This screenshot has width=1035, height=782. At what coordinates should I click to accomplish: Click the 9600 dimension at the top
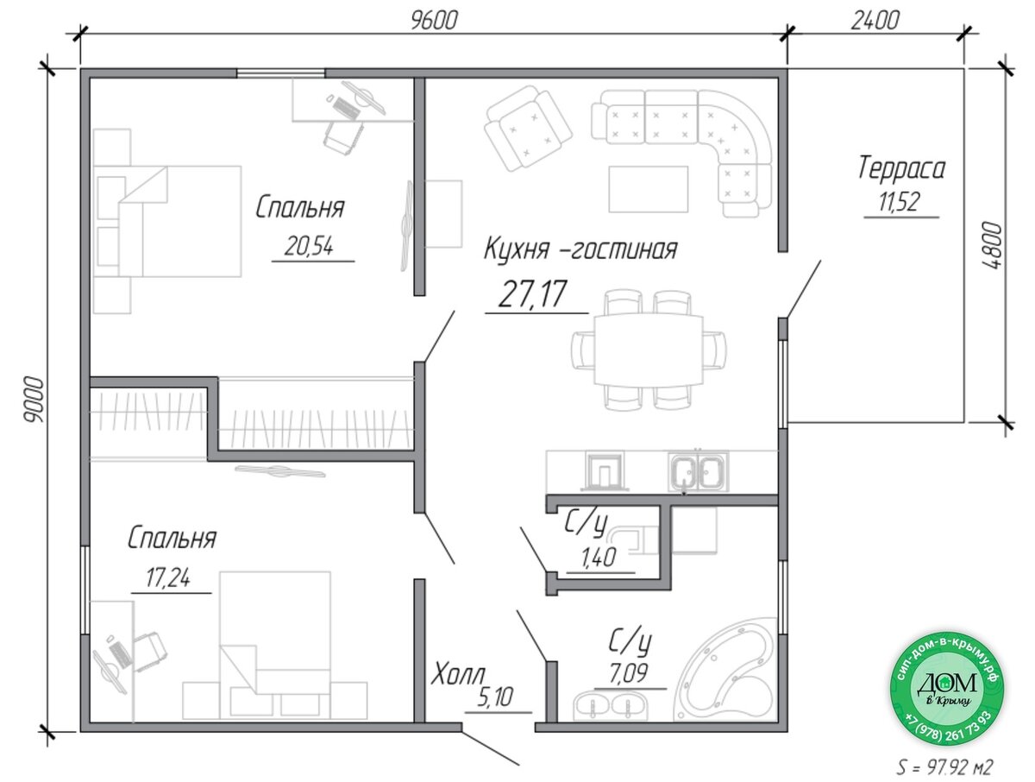pyautogui.click(x=433, y=21)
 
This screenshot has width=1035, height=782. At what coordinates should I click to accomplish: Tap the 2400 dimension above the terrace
pyautogui.click(x=875, y=21)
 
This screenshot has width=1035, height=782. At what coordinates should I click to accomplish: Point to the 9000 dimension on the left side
pyautogui.click(x=34, y=399)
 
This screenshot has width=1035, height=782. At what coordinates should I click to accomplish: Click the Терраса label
pyautogui.click(x=900, y=168)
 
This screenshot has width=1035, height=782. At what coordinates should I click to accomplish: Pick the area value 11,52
pyautogui.click(x=898, y=202)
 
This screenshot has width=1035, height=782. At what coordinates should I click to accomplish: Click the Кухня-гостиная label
pyautogui.click(x=580, y=249)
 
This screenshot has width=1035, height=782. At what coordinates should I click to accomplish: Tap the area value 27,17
pyautogui.click(x=531, y=293)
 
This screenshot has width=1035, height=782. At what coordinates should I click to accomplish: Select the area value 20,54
pyautogui.click(x=309, y=246)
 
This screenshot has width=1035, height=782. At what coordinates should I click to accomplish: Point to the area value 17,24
pyautogui.click(x=167, y=577)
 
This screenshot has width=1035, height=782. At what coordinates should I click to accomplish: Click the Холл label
pyautogui.click(x=458, y=672)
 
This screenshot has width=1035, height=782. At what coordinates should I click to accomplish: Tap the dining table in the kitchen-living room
pyautogui.click(x=648, y=350)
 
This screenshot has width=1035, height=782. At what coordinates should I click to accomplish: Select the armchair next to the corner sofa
pyautogui.click(x=528, y=128)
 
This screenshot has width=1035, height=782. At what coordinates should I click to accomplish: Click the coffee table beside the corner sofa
pyautogui.click(x=648, y=189)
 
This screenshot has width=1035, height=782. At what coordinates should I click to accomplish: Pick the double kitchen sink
pyautogui.click(x=698, y=470)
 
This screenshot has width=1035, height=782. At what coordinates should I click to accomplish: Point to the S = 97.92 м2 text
pyautogui.click(x=944, y=767)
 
